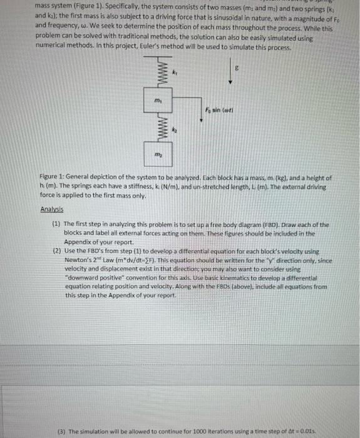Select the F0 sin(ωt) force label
[x=218, y=110]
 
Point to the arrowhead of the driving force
[x=202, y=120]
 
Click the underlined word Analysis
[x=52, y=210]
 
